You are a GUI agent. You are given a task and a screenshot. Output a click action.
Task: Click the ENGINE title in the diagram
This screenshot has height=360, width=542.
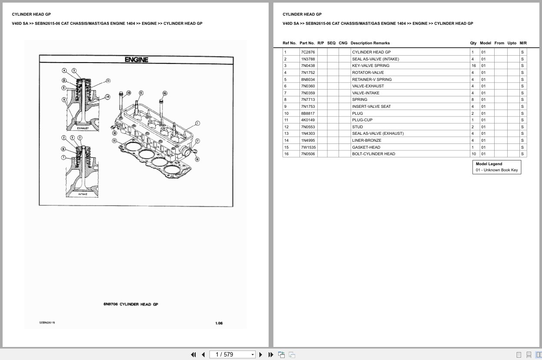pyautogui.click(x=136, y=60)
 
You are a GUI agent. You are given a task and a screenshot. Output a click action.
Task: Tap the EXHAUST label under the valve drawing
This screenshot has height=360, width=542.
pyautogui.click(x=83, y=128)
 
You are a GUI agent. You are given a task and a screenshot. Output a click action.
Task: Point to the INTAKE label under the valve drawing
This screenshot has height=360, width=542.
pyautogui.click(x=83, y=194)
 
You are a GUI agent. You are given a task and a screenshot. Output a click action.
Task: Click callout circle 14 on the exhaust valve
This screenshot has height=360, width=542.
pyautogui.click(x=107, y=97)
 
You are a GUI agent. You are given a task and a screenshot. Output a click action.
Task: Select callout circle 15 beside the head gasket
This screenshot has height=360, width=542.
pyautogui.click(x=114, y=140)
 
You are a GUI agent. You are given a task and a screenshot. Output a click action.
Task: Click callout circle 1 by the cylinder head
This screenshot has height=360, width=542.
pyautogui.click(x=197, y=123)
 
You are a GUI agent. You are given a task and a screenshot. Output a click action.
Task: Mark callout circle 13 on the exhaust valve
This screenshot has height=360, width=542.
pyautogui.click(x=108, y=80)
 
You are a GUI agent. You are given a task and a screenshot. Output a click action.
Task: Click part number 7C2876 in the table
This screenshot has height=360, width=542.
pyautogui.click(x=308, y=52)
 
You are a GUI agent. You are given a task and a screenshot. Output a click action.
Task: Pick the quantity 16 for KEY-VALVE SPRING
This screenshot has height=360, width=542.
pyautogui.click(x=473, y=66)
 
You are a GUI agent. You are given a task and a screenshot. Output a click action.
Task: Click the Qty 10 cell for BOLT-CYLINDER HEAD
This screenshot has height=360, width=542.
pyautogui.click(x=473, y=154)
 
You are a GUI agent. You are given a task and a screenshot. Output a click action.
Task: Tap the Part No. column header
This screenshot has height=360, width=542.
pyautogui.click(x=307, y=43)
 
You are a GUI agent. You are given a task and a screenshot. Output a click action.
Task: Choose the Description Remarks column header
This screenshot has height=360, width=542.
pyautogui.click(x=370, y=43)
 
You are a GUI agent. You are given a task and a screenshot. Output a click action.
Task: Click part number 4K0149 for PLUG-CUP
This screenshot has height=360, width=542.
pyautogui.click(x=308, y=120)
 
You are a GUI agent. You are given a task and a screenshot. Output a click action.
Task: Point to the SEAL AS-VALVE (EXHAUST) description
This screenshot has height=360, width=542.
pyautogui.click(x=378, y=133)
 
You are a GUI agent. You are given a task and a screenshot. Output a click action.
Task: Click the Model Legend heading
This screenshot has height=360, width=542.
pyautogui.click(x=489, y=164)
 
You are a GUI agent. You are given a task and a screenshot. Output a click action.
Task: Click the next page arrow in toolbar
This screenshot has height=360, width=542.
pyautogui.click(x=261, y=355)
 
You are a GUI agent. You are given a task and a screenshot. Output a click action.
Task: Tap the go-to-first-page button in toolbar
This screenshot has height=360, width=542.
pyautogui.click(x=193, y=355)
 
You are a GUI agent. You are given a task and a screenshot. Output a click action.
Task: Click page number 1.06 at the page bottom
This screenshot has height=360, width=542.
pyautogui.click(x=219, y=323)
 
